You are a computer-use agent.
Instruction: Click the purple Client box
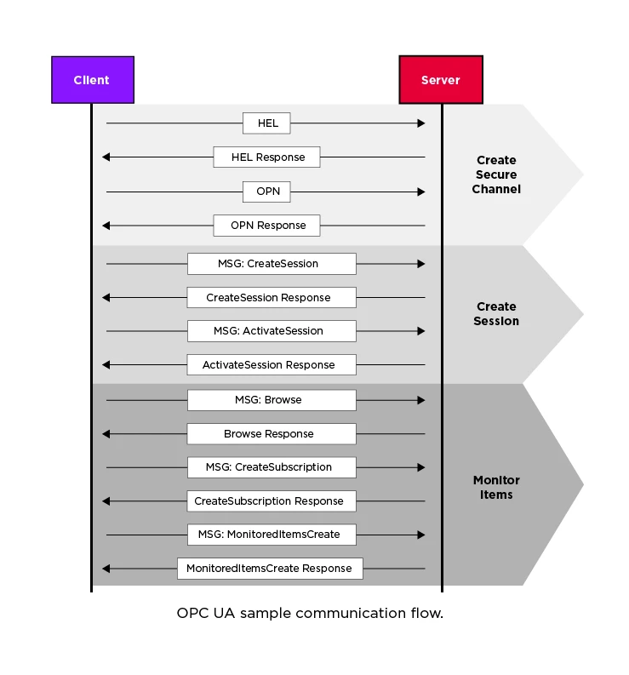point(92,80)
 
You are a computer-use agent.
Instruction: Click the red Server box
point(440,80)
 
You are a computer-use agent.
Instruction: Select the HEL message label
point(266,123)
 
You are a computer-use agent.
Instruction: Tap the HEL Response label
point(266,157)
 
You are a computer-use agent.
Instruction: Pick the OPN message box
point(266,192)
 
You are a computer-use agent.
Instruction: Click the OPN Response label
point(266,226)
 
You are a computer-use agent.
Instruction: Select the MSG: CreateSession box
point(272,264)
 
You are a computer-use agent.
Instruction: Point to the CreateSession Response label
point(272,298)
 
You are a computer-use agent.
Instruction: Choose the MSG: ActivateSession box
point(272,331)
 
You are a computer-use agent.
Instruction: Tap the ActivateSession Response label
point(272,365)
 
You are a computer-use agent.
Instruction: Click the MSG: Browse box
point(272,400)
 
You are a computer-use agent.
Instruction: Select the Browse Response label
point(272,434)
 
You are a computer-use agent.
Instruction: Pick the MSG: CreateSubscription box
point(272,467)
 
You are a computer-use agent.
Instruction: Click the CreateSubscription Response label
point(272,501)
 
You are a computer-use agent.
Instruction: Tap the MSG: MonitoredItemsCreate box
point(272,535)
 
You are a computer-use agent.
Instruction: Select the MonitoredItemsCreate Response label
point(270,569)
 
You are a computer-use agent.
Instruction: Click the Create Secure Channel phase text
point(496,174)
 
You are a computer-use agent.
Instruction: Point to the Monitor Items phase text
point(496,488)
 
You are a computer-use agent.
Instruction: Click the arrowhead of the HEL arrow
point(420,123)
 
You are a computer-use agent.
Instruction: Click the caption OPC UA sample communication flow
point(310,613)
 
